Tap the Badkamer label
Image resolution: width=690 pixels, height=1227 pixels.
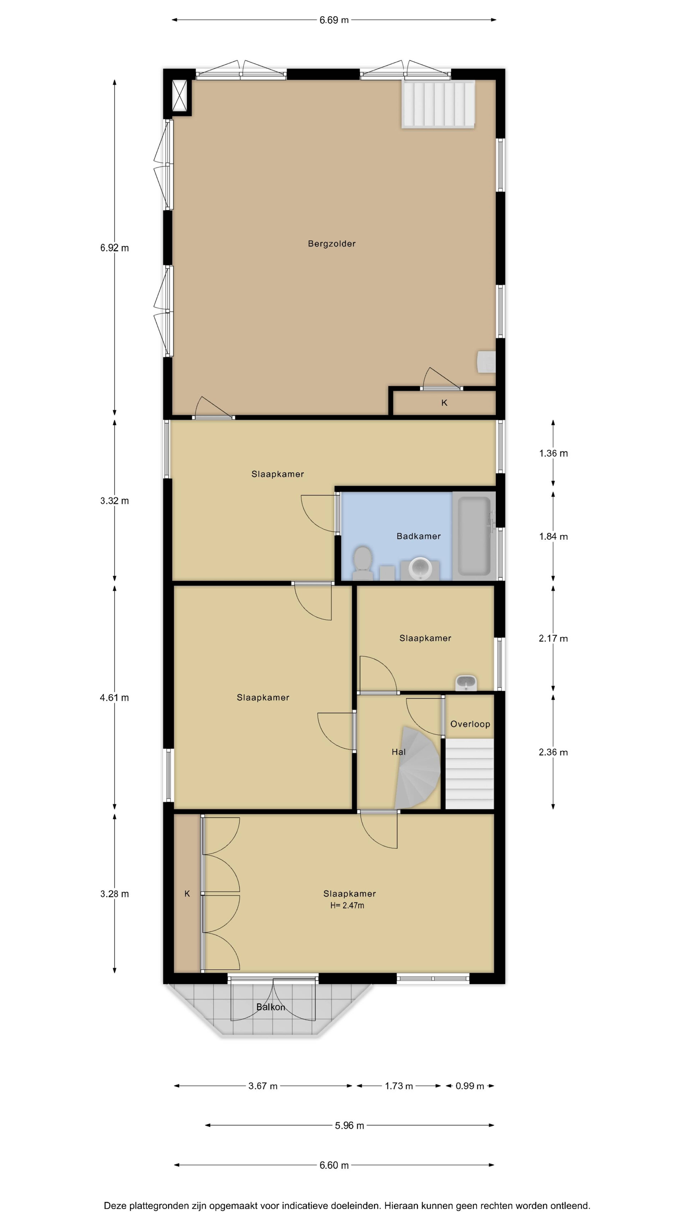pyautogui.click(x=418, y=536)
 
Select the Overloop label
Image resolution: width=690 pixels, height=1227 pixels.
pyautogui.click(x=470, y=724)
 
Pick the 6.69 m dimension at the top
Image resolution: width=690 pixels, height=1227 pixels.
pyautogui.click(x=334, y=20)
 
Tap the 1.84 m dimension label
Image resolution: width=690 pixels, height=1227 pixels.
pyautogui.click(x=553, y=536)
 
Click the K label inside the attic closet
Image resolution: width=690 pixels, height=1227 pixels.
pyautogui.click(x=444, y=403)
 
